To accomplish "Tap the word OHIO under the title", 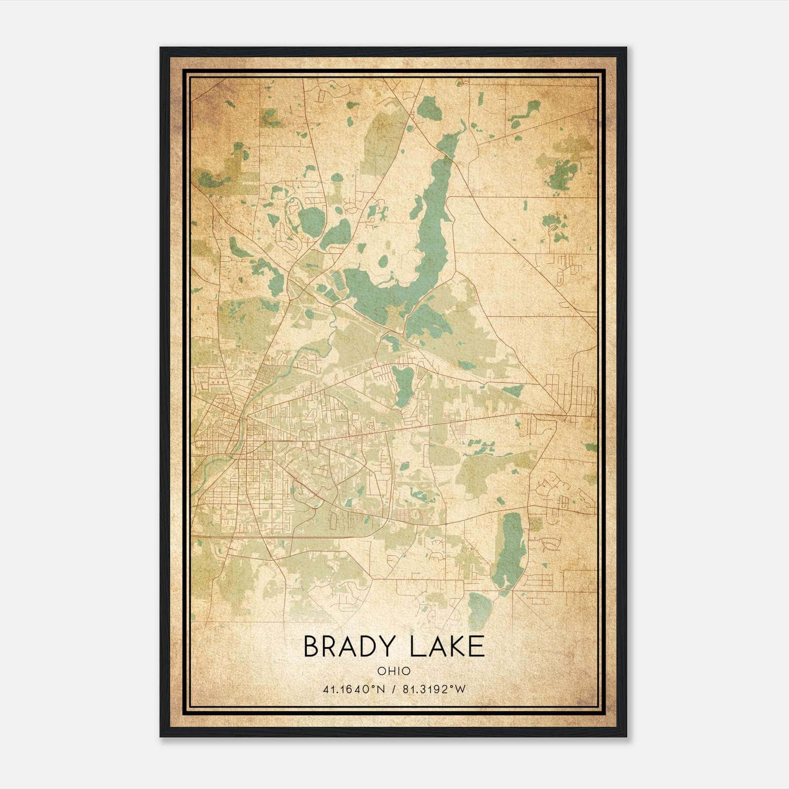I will [394, 671].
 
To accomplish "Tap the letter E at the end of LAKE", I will [476, 646].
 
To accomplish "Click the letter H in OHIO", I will [390, 671].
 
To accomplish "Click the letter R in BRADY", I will [329, 646].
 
